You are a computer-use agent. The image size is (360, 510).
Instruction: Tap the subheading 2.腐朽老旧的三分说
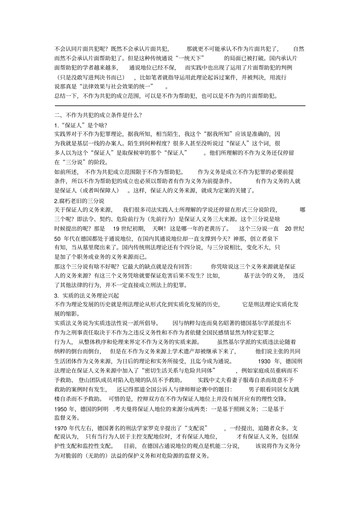pyautogui.click(x=79, y=201)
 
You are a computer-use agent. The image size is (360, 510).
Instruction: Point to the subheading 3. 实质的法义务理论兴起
pyautogui.click(x=87, y=295)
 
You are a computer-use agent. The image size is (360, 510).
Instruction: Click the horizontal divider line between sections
pyautogui.click(x=180, y=105)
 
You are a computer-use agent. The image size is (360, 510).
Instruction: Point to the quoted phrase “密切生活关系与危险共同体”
pyautogui.click(x=180, y=370)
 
